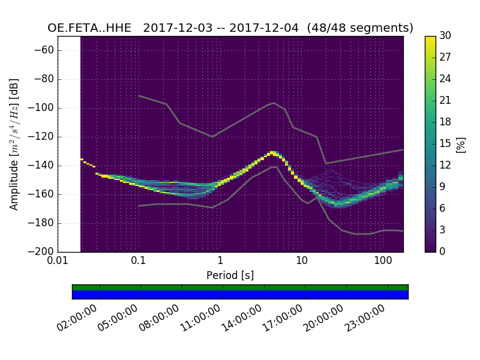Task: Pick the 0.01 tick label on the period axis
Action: pyautogui.click(x=58, y=262)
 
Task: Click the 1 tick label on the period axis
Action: pyautogui.click(x=220, y=262)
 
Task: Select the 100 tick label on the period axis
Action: pyautogui.click(x=383, y=262)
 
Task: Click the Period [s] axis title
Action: pyautogui.click(x=230, y=275)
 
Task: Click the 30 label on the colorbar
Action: pyautogui.click(x=445, y=36)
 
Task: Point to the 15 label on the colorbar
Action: pyautogui.click(x=445, y=144)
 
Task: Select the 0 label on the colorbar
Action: pyautogui.click(x=443, y=252)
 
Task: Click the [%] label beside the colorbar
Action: pyautogui.click(x=461, y=144)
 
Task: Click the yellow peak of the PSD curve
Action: pyautogui.click(x=273, y=152)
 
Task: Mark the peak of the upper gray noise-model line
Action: pyautogui.click(x=274, y=103)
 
